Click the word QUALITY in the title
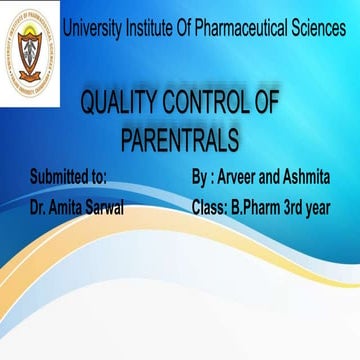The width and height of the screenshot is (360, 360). (x=119, y=102)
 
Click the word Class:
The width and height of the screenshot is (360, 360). (x=208, y=208)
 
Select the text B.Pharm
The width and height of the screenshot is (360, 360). (x=260, y=208)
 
